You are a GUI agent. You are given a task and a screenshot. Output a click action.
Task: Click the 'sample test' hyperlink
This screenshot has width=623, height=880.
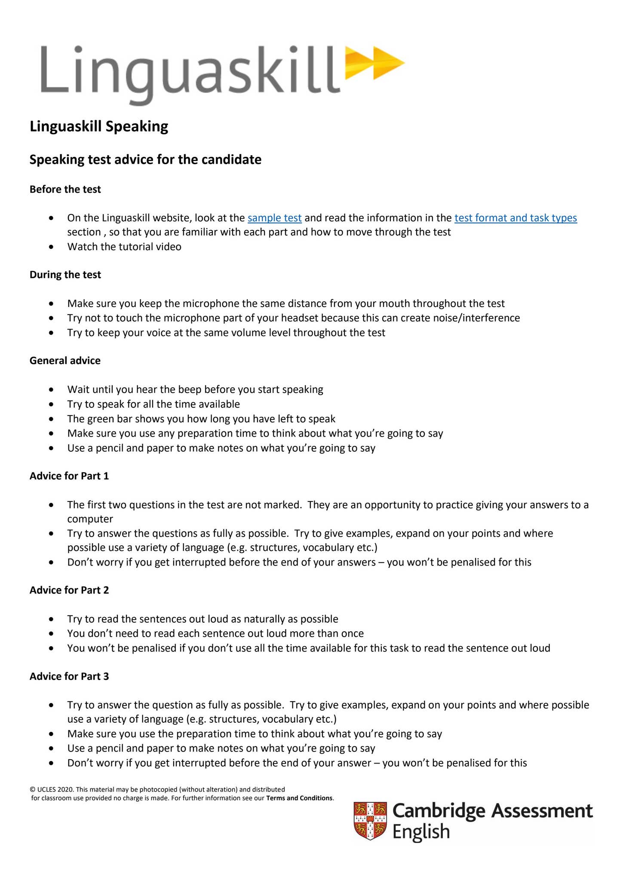pos(274,218)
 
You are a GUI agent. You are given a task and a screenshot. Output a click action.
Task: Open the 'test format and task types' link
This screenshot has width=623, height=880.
pos(515,218)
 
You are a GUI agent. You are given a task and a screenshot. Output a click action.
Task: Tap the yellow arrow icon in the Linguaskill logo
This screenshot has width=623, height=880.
pos(374,64)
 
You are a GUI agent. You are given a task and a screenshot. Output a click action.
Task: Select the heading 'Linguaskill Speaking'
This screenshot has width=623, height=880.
pos(99,126)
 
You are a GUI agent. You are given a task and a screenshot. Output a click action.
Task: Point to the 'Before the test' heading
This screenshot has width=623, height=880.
pos(65,189)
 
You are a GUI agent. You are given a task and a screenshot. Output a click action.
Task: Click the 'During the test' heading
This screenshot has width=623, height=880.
pos(65,275)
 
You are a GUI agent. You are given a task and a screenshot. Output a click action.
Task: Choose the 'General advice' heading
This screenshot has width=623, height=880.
pos(65,361)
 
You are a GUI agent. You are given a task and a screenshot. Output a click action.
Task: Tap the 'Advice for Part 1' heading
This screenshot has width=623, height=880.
pos(69,476)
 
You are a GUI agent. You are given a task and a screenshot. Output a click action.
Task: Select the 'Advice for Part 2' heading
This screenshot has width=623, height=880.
pos(69,590)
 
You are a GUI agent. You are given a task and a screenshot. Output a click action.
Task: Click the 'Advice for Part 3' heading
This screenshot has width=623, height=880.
pos(69,676)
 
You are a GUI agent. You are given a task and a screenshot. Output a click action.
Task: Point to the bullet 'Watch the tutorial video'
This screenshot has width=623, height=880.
pos(124,247)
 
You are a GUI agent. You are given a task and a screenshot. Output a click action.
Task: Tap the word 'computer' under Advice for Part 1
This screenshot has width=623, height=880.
pos(90,519)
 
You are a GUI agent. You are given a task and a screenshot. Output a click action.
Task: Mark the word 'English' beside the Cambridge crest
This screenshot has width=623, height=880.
pos(421,832)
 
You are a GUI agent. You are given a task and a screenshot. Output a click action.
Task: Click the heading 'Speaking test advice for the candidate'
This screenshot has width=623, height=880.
pos(145,160)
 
